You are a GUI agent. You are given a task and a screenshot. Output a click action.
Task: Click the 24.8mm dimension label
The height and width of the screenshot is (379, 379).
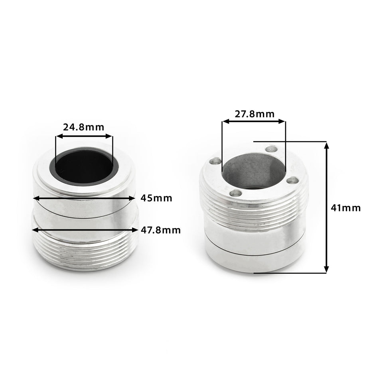84,127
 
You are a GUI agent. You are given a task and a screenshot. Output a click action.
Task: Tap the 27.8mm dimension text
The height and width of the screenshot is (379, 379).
255,114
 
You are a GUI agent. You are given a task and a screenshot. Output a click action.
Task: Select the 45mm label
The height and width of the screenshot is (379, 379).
156,198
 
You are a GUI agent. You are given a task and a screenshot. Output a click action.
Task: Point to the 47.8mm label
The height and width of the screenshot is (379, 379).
161,230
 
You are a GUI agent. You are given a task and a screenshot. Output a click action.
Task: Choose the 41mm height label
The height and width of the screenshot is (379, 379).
345,208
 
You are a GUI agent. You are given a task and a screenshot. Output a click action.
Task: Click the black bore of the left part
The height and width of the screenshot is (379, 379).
84,167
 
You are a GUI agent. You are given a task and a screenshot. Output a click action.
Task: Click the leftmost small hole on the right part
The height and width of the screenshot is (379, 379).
215,161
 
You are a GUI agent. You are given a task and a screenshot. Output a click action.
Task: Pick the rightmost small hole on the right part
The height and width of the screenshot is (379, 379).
293,180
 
